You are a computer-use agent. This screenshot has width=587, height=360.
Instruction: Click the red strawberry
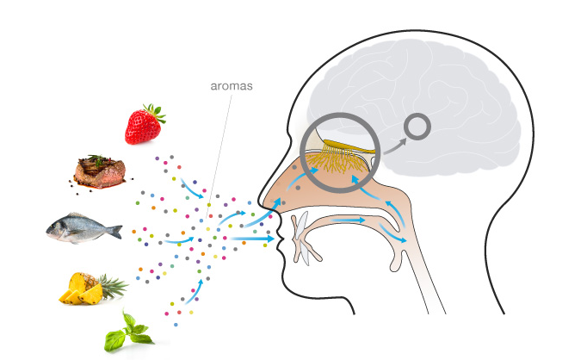[143, 126]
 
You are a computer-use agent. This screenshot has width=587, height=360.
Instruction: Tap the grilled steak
[99, 171]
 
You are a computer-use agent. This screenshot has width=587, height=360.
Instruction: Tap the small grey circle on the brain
[418, 127]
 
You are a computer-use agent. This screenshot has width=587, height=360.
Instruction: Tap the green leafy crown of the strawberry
[154, 112]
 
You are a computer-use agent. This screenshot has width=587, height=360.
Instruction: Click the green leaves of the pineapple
[113, 283]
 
